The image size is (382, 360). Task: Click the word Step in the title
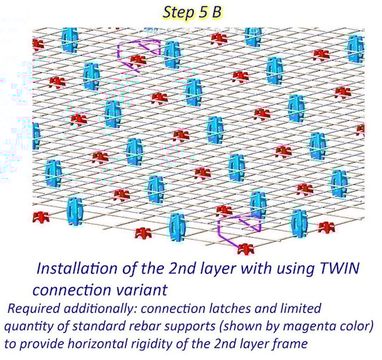click(x=178, y=13)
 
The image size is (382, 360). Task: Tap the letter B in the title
click(x=216, y=13)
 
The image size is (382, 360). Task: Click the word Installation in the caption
click(x=77, y=268)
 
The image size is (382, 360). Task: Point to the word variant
click(x=144, y=290)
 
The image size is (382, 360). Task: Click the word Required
click(x=33, y=309)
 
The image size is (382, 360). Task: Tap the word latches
click(x=230, y=309)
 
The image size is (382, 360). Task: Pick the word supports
click(x=190, y=327)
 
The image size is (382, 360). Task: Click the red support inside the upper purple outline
click(x=138, y=60)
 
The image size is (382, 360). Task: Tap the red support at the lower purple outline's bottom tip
click(x=246, y=249)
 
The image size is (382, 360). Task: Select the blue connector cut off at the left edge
click(x=35, y=136)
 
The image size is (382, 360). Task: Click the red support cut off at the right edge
click(x=360, y=129)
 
